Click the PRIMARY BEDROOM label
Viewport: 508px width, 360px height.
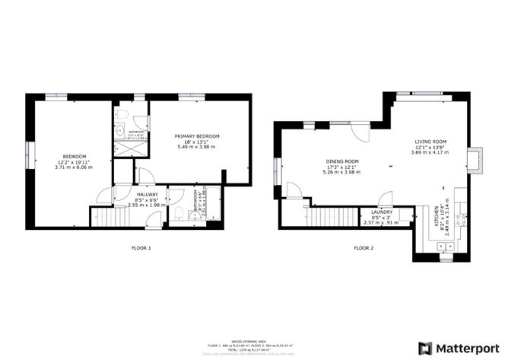(x=197, y=136)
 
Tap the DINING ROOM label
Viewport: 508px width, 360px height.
(x=341, y=161)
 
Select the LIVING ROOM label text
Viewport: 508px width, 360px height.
(x=430, y=142)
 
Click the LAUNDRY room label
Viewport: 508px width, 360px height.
(x=381, y=212)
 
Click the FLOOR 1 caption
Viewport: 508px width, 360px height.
(x=141, y=247)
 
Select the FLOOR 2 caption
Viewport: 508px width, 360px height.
(x=364, y=247)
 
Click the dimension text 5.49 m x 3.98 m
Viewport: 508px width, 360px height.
(x=197, y=147)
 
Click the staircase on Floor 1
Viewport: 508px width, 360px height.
(x=112, y=217)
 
